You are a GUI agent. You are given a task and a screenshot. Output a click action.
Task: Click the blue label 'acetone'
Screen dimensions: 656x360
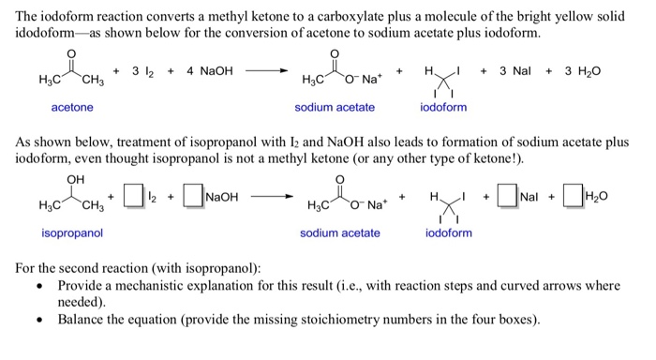pos(72,108)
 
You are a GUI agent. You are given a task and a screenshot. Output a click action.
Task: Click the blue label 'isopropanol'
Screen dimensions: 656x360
pos(72,232)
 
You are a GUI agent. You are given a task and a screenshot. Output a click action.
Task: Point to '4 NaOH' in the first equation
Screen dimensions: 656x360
pos(210,71)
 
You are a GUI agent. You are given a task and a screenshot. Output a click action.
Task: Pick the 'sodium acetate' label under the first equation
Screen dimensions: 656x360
pos(335,108)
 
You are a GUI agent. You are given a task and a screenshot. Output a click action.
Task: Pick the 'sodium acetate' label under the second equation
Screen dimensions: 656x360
pos(340,232)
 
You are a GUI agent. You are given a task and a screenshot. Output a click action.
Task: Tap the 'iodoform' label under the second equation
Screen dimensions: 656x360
pos(449,232)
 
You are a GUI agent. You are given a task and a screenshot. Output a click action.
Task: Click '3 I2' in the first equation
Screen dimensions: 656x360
pos(142,71)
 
